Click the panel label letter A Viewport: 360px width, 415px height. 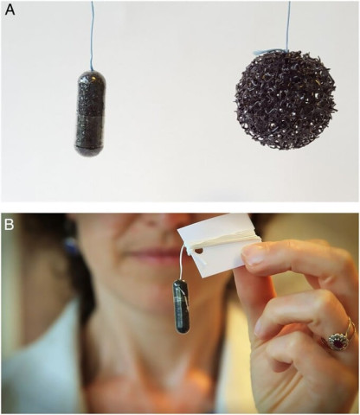point(10,10)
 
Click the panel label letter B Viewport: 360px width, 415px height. point(9,225)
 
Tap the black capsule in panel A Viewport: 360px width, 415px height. point(90,113)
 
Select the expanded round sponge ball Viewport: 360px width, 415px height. point(285,100)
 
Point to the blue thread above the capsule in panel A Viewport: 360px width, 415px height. point(92,35)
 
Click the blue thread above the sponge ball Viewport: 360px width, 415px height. point(288,25)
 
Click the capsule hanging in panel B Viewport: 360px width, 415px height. point(181,306)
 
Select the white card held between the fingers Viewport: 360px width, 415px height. point(219,245)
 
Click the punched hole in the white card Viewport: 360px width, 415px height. point(199,251)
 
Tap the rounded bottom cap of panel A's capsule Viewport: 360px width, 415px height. point(89,151)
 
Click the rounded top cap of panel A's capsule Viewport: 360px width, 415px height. point(92,77)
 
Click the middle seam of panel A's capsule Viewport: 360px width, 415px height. point(90,115)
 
